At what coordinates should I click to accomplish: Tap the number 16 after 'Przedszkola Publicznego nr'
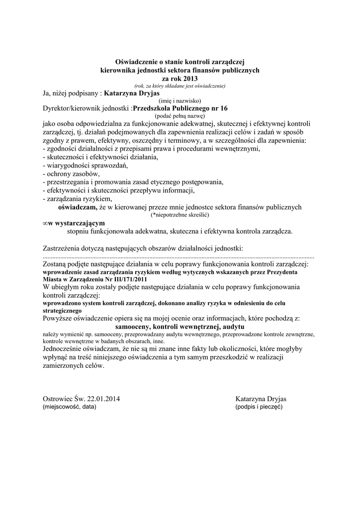224,108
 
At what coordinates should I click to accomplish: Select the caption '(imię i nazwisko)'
180,100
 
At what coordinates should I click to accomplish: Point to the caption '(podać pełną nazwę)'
180,115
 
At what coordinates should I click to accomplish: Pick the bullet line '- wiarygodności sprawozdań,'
86,166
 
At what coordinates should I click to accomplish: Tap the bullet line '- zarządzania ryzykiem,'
78,198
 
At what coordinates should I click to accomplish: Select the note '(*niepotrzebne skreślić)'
180,215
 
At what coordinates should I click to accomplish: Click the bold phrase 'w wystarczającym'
80,224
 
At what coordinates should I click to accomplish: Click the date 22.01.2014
103,399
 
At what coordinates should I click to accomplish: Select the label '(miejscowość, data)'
70,407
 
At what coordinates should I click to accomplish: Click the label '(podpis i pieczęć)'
259,407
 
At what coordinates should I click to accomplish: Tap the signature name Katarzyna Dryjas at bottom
265,399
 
